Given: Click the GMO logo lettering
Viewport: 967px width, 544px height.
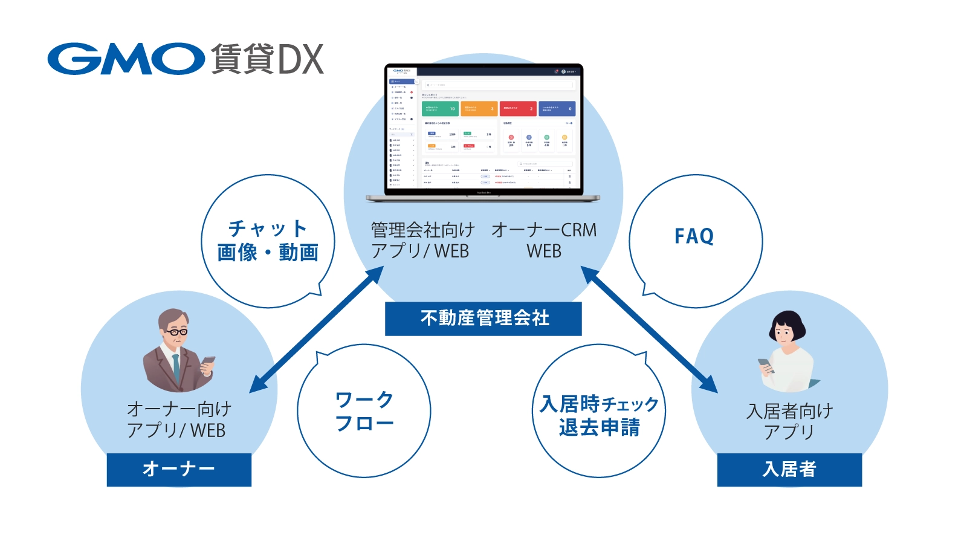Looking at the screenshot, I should tap(126, 59).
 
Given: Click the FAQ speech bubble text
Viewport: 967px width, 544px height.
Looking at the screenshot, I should tap(694, 236).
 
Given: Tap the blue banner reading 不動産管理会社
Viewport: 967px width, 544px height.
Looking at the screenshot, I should tap(483, 319).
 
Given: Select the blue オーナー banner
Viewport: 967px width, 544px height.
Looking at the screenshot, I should tap(179, 469).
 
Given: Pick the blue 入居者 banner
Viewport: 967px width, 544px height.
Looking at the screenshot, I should tap(789, 469).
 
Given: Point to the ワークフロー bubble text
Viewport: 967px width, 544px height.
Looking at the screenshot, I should tap(364, 412).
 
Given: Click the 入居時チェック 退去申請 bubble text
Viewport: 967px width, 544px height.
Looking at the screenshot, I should tap(599, 415).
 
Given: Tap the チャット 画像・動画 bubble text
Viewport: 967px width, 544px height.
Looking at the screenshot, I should tap(268, 241).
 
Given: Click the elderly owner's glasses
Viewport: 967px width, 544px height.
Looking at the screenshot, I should tap(176, 331).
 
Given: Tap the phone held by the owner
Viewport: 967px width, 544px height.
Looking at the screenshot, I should tap(208, 362).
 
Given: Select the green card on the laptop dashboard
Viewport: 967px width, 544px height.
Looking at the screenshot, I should tap(440, 109).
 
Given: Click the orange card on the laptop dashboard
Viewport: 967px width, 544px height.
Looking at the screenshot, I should tap(479, 109).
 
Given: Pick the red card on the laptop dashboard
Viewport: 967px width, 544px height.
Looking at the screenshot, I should tap(518, 109).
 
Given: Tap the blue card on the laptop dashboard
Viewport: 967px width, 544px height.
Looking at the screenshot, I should tap(557, 109).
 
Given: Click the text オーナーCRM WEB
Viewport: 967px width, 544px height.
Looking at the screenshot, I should tap(544, 240).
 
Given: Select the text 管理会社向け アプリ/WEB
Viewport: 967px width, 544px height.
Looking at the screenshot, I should tap(422, 240).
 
